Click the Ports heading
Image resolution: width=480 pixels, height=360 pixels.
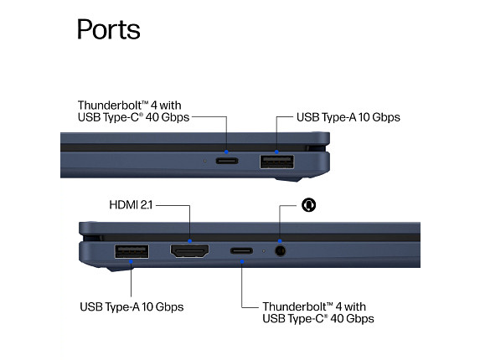pos(108,29)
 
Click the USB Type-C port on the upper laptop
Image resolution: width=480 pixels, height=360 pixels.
pos(227,161)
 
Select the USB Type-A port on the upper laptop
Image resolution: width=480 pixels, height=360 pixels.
pos(276,162)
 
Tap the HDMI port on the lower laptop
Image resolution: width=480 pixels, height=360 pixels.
pos(190,251)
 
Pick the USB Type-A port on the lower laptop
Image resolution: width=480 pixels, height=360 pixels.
pos(132,251)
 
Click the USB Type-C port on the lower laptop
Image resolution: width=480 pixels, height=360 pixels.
pos(241,251)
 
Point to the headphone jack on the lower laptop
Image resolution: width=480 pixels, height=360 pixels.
pos(280,251)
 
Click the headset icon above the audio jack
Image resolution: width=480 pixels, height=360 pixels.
pos(308,204)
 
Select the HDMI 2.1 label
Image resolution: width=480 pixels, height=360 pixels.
pos(131,205)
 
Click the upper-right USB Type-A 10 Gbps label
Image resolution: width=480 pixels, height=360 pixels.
pos(348,117)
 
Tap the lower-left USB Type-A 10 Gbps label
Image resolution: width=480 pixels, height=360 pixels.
pos(132,306)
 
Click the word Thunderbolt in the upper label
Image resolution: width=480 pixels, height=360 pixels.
pos(111,105)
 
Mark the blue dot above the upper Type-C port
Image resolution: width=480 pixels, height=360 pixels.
pos(226,152)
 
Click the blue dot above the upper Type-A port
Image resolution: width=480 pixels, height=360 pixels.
pos(276,152)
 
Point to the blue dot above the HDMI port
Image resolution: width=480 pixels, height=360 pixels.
pos(190,241)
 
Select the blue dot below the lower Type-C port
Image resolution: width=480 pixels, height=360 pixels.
pos(242,262)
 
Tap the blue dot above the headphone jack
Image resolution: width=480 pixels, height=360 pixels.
pos(280,241)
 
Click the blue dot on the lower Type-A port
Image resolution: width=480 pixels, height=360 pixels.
pos(131,262)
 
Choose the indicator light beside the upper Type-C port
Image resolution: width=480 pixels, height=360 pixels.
pos(205,161)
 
